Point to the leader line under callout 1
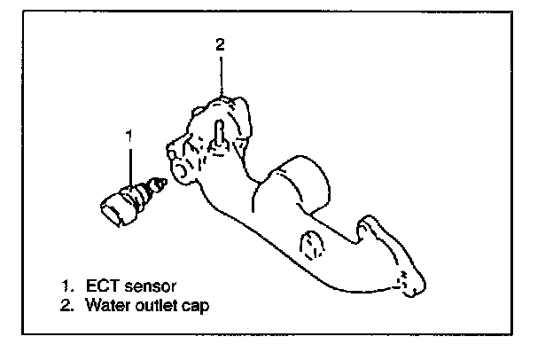[x=130, y=164]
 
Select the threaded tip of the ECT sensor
[x=160, y=185]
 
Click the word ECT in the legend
[x=102, y=286]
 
